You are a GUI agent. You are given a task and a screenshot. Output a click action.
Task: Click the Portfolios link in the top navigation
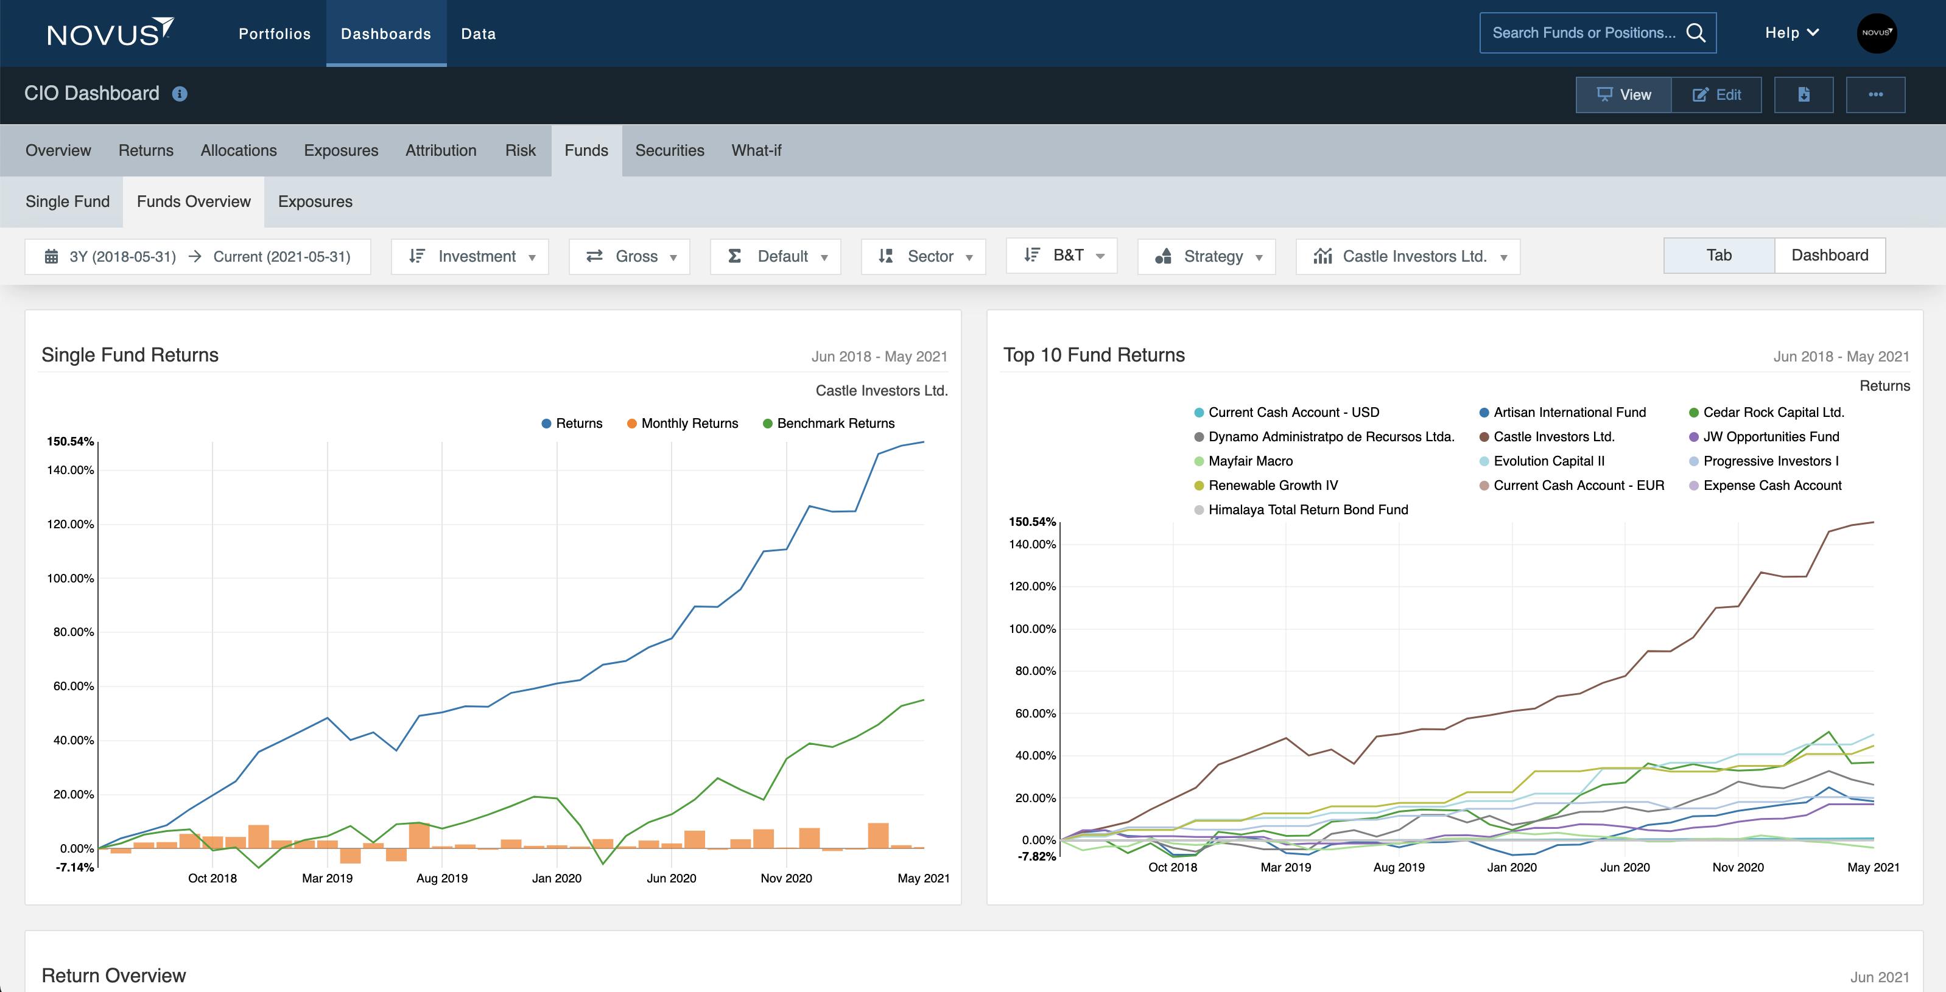tap(274, 34)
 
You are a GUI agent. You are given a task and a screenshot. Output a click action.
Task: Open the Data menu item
tap(478, 34)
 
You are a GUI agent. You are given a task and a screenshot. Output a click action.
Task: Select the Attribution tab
tap(440, 150)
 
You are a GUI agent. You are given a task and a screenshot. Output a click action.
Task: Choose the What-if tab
tap(756, 150)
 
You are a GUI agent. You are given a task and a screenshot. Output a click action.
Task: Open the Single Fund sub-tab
tap(67, 201)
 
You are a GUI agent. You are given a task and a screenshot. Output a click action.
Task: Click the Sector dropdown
tap(923, 257)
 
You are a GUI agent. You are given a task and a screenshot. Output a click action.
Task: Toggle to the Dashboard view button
tap(1829, 255)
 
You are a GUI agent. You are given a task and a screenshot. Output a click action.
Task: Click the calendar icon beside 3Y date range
tap(51, 257)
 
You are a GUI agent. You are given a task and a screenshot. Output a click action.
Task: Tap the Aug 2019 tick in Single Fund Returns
tap(442, 878)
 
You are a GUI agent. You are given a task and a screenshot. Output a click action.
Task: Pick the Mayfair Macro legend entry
tap(1249, 461)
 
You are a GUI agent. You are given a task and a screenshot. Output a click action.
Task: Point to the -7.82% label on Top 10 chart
tap(1036, 856)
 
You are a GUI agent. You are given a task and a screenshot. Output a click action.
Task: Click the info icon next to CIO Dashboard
tap(180, 94)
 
